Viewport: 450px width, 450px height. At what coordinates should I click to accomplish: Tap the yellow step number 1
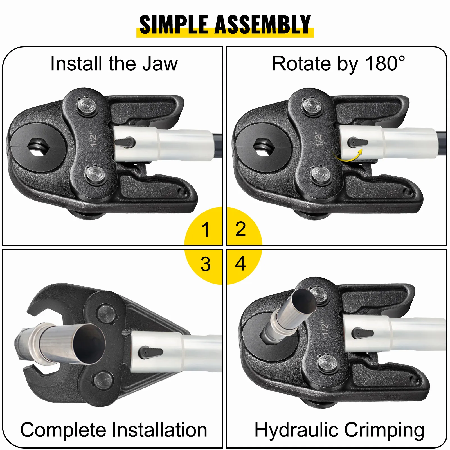206,229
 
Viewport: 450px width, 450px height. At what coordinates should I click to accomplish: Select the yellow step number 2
241,229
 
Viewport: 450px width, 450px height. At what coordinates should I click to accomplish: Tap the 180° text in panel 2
385,63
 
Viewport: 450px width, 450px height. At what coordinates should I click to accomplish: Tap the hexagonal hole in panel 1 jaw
37,146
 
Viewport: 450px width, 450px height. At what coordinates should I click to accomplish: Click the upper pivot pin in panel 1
87,106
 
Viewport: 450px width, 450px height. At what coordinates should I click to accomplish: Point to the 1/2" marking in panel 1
93,139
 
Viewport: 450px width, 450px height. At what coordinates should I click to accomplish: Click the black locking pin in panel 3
150,353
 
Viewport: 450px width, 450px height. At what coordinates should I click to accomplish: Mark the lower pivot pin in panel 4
327,364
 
